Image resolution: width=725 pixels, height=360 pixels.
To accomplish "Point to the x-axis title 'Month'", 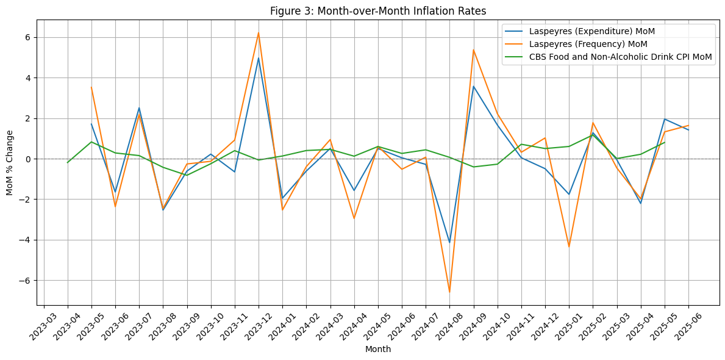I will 377,350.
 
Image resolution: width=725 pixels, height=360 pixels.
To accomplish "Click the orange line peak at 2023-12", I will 259,33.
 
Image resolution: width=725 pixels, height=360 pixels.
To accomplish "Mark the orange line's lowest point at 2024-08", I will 449,292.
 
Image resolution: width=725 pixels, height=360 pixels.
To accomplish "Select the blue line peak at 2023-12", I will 259,59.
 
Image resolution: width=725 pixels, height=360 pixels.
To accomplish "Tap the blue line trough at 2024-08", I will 449,242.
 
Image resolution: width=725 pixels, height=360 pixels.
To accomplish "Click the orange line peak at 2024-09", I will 473,50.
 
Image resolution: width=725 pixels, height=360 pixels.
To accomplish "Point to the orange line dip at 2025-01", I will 569,247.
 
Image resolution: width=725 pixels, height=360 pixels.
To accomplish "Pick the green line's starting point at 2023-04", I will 68,162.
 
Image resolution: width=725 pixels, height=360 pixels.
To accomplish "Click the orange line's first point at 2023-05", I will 91,87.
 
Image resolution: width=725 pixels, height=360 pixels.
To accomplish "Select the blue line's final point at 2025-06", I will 688,130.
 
